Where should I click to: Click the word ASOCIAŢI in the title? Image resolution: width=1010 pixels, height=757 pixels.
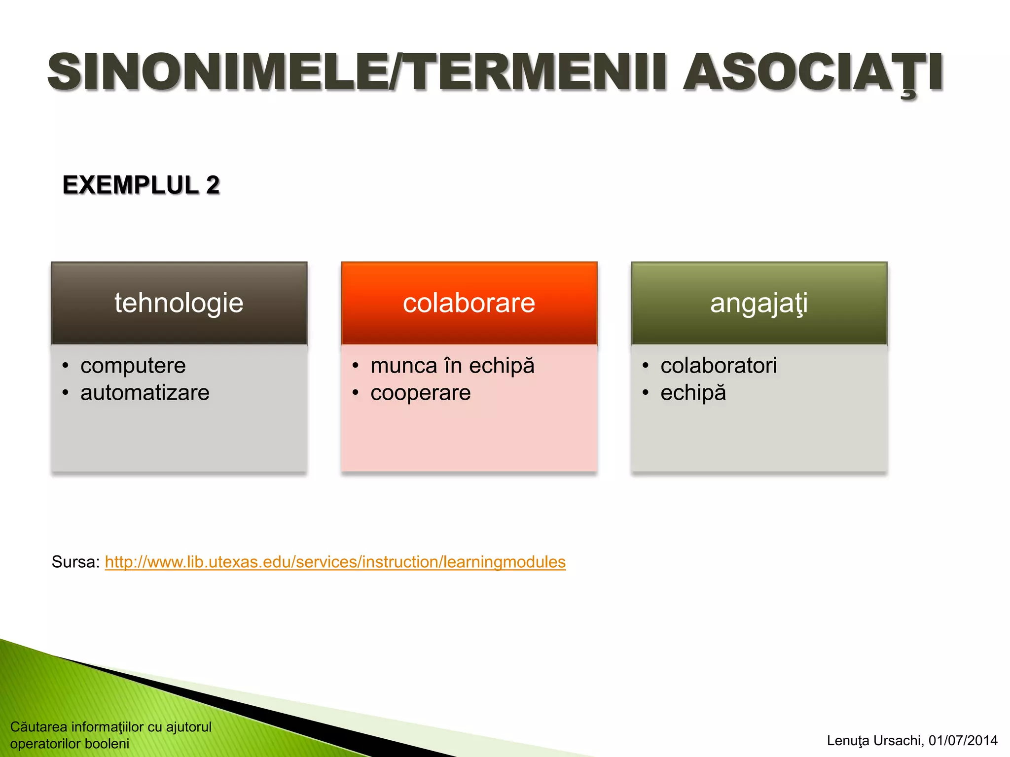(x=813, y=73)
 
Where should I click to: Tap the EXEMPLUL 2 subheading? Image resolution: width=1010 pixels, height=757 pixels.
(x=141, y=185)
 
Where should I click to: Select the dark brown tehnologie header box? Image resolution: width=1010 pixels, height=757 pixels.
(x=179, y=303)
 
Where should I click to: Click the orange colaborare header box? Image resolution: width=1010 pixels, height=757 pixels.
(x=469, y=303)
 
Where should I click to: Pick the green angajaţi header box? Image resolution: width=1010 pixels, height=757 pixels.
(x=759, y=303)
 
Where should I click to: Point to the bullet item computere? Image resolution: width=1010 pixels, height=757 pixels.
(x=133, y=366)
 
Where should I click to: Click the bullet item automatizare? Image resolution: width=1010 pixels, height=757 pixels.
(x=145, y=393)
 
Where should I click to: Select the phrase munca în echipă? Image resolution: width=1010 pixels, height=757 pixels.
(x=452, y=366)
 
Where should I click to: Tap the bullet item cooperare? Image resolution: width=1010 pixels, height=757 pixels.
(x=421, y=393)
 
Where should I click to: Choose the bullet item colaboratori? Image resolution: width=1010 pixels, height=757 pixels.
(x=719, y=366)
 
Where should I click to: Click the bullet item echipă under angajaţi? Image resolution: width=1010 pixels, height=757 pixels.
(x=693, y=393)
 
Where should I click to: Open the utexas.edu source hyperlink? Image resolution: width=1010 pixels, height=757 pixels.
(x=335, y=562)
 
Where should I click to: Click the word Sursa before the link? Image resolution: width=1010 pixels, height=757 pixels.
(x=75, y=562)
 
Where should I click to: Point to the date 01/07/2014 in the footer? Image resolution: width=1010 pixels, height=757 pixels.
(x=963, y=740)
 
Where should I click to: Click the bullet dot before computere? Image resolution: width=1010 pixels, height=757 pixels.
(x=66, y=366)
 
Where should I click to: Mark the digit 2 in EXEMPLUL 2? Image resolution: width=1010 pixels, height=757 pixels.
(x=213, y=185)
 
